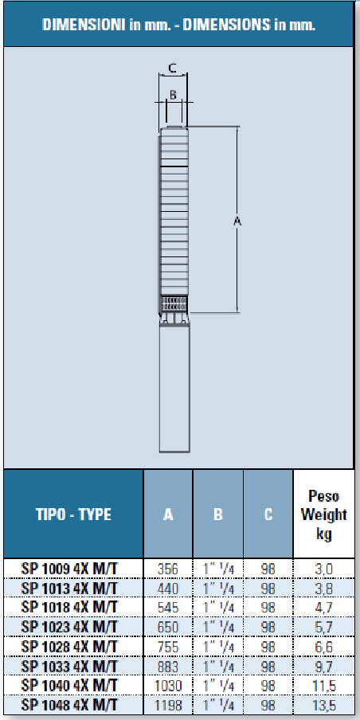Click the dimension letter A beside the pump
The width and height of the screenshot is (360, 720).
[x=237, y=221]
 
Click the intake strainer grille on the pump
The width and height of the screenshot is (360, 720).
[x=174, y=303]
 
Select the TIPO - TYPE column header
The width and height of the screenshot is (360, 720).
[x=72, y=515]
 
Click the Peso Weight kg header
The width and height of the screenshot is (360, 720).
[x=324, y=515]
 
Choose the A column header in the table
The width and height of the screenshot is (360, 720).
[x=168, y=515]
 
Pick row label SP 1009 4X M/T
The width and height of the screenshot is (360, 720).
[x=70, y=568]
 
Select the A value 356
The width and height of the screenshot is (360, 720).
[x=168, y=568]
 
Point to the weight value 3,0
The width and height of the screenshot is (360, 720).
[x=324, y=568]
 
